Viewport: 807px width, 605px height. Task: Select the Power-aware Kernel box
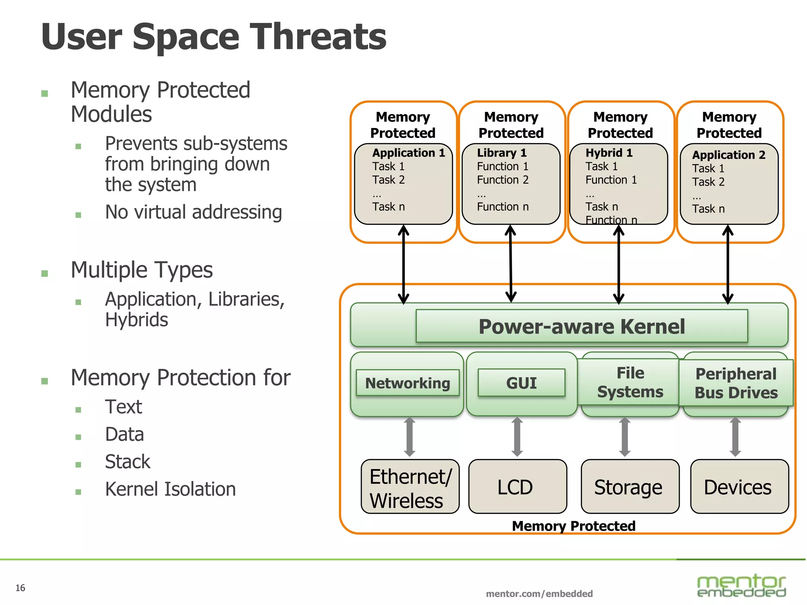point(582,326)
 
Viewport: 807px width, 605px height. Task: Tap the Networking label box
point(407,383)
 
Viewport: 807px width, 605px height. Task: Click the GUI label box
point(521,383)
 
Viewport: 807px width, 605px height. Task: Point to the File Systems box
point(630,382)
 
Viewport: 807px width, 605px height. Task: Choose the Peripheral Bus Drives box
point(736,383)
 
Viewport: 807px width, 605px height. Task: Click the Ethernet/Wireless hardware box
point(410,487)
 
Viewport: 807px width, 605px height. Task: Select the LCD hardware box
point(517,487)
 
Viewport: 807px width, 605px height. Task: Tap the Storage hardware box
point(630,487)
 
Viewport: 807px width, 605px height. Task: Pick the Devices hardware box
point(739,487)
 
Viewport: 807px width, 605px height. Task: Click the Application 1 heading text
point(409,153)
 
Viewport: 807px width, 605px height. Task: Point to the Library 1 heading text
point(502,153)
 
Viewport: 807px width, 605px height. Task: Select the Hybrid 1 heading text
point(609,153)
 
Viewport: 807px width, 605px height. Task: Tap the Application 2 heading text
point(729,155)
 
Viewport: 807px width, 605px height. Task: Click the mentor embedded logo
point(741,585)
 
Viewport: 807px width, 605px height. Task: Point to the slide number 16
point(20,588)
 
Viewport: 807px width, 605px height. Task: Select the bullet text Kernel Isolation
point(170,489)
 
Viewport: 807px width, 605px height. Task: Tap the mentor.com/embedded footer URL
point(539,594)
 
